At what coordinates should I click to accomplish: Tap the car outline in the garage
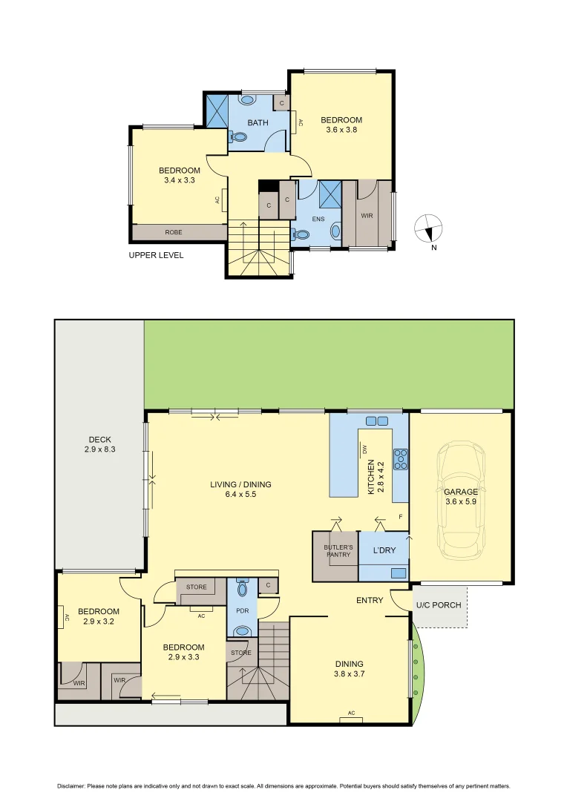pyautogui.click(x=461, y=500)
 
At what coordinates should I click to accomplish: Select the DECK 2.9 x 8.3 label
pyautogui.click(x=99, y=444)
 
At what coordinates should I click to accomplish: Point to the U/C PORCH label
pyautogui.click(x=438, y=605)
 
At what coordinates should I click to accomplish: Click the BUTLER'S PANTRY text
pyautogui.click(x=338, y=551)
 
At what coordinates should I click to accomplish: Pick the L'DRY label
pyautogui.click(x=384, y=551)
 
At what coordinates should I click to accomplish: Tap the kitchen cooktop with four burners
pyautogui.click(x=401, y=460)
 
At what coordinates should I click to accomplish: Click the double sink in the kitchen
pyautogui.click(x=377, y=421)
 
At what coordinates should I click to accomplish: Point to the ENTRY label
pyautogui.click(x=370, y=600)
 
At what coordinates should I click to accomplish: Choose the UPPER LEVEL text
pyautogui.click(x=156, y=255)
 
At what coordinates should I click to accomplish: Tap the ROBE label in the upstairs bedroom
pyautogui.click(x=173, y=232)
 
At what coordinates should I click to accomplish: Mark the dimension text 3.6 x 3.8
pyautogui.click(x=341, y=131)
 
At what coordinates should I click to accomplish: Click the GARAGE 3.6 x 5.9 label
pyautogui.click(x=461, y=496)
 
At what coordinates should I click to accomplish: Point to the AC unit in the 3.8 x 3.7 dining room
pyautogui.click(x=351, y=714)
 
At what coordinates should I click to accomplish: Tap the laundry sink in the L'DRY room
pyautogui.click(x=399, y=573)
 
